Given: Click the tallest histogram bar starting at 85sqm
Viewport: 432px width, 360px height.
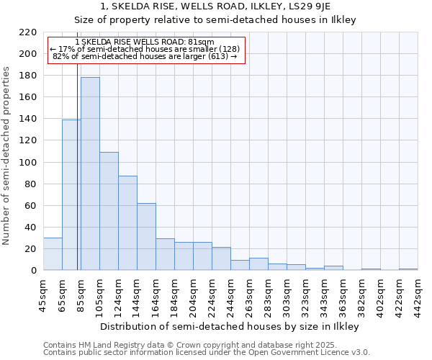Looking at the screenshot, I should [90, 174].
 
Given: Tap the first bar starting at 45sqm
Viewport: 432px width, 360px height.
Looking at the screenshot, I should [53, 253].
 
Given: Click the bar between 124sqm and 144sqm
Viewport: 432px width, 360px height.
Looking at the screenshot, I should [127, 223].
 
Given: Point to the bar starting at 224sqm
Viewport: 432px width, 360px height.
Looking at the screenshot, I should [221, 258].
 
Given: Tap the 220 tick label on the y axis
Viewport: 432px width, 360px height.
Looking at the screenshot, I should [28, 32].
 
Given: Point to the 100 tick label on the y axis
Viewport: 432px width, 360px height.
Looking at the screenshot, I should [28, 162].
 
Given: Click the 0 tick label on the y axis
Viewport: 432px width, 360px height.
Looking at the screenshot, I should [33, 271].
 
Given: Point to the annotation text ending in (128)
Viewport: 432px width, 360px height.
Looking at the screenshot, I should [145, 49].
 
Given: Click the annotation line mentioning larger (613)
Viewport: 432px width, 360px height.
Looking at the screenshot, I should [145, 56].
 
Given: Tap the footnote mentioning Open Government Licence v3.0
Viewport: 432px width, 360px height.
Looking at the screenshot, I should [207, 352].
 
